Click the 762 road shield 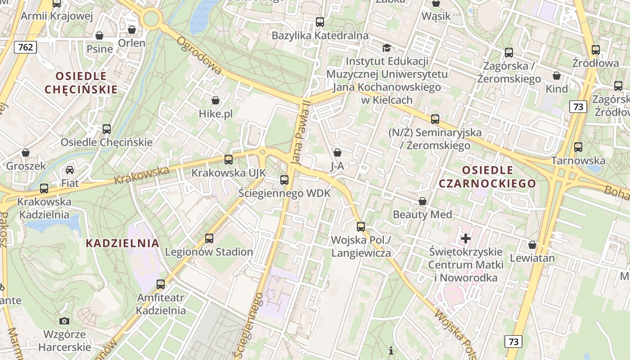click(x=25, y=47)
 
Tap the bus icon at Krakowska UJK click(x=229, y=160)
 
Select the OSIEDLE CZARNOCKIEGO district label click(x=487, y=177)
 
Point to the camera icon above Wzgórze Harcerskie click(x=64, y=321)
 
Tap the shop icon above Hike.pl click(x=216, y=100)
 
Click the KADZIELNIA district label click(x=122, y=243)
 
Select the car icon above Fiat click(x=70, y=170)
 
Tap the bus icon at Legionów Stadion click(x=209, y=238)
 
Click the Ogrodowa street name click(x=199, y=55)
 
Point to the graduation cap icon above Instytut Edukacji click(x=387, y=48)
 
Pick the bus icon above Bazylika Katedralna click(x=320, y=22)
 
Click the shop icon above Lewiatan click(x=532, y=245)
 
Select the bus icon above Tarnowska click(x=578, y=147)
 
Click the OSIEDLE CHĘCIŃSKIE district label click(x=81, y=82)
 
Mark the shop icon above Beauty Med click(x=423, y=201)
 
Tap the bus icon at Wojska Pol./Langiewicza click(x=361, y=226)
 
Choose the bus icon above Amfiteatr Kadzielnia click(x=161, y=284)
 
